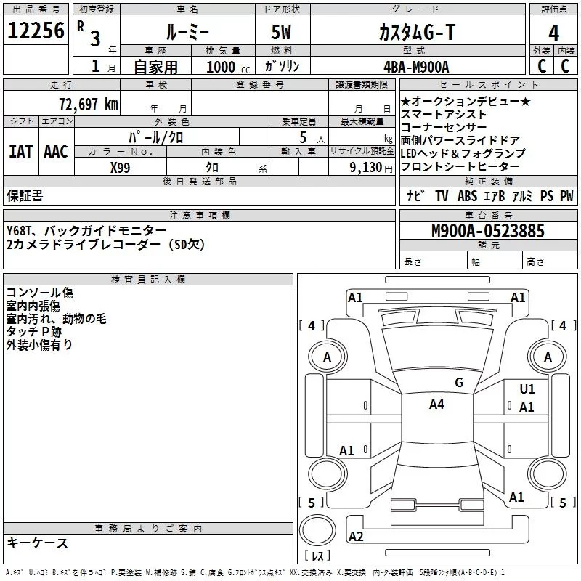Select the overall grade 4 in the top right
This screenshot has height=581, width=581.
[554, 33]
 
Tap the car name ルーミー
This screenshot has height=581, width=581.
[187, 32]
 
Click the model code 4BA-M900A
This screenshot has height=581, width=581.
[416, 67]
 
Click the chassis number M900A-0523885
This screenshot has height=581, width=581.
[487, 232]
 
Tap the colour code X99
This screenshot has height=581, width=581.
[120, 167]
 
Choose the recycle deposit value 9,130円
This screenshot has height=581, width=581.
[370, 167]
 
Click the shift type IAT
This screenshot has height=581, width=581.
[20, 152]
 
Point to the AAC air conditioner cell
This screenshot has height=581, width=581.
[55, 152]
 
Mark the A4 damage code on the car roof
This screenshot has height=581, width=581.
[436, 405]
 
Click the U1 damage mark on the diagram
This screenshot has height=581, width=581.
[527, 389]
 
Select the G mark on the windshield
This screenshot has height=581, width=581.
[458, 382]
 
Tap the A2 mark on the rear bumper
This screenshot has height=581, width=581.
[356, 537]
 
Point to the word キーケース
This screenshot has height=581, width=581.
[37, 543]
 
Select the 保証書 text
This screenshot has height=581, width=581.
[25, 196]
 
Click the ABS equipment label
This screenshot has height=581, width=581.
[468, 196]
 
